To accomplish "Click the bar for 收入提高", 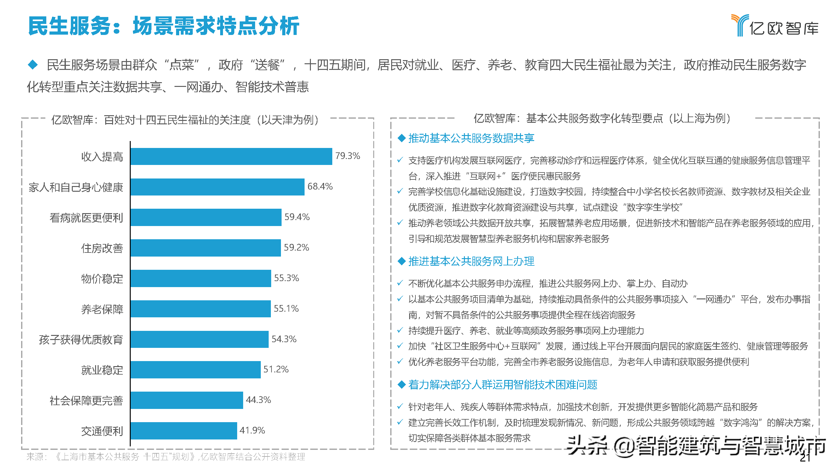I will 231,156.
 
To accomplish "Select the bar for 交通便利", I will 184,431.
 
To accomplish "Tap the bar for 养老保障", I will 201,309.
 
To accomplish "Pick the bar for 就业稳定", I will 196,370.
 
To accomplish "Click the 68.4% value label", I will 320,186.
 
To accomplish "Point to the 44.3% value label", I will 258,399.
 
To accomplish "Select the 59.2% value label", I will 296,247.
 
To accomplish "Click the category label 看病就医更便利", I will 86,218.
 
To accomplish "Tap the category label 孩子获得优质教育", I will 81,339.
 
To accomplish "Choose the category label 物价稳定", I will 102,279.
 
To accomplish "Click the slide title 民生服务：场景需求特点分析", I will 163,26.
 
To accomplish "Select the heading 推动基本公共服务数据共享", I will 471,138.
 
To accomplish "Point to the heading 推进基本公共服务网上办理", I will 471,261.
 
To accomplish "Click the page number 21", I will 805,458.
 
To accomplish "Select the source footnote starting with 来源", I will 166,457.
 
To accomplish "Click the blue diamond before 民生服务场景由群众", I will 33,65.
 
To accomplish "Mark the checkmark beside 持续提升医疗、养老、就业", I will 400,331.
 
